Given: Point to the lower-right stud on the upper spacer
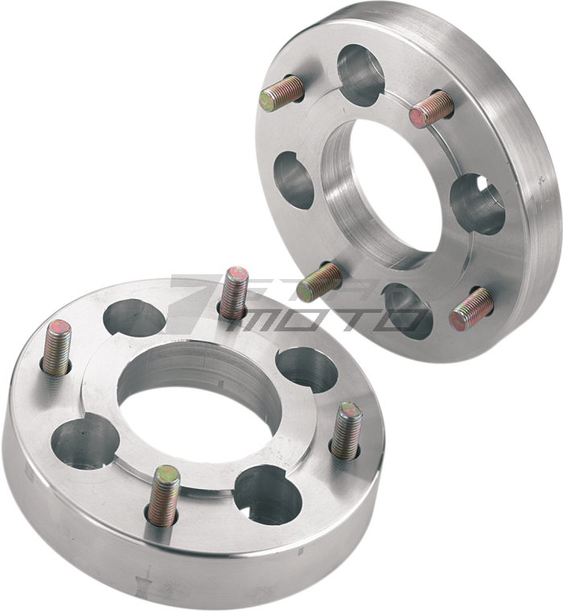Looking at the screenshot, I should [x=471, y=309].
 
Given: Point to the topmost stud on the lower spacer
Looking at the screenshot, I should [x=234, y=289].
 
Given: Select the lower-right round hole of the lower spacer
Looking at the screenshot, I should [x=269, y=491].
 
